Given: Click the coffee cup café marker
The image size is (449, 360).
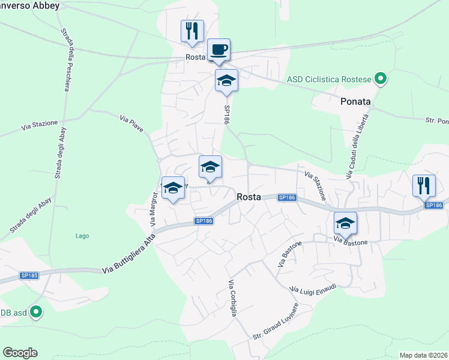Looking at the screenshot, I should (218, 51).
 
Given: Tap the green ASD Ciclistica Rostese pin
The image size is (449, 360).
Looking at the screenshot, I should (379, 79).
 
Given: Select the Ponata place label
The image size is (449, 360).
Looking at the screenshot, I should (356, 101).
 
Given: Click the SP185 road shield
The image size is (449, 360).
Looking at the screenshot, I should (29, 275).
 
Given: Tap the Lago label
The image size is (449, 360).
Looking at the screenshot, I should (82, 236).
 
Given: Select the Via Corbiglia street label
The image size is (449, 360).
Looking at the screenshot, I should (233, 298).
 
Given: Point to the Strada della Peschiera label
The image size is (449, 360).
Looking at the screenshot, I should (64, 60).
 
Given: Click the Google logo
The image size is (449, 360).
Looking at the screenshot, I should (20, 353).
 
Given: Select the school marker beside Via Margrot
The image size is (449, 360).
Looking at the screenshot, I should (173, 188).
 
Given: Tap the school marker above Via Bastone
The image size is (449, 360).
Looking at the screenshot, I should (345, 224).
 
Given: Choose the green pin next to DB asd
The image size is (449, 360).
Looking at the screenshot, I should (36, 312).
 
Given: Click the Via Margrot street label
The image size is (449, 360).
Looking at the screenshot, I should (154, 208).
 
